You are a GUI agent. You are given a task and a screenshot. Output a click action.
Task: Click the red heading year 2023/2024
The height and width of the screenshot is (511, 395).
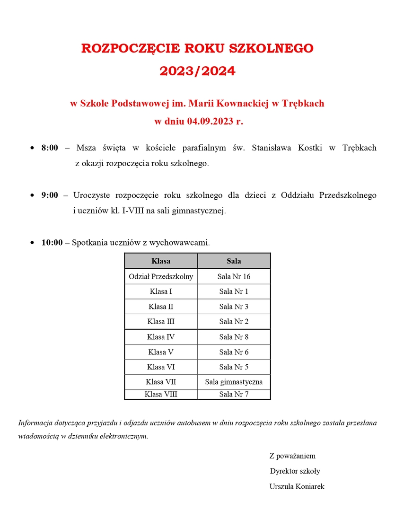pos(197,71)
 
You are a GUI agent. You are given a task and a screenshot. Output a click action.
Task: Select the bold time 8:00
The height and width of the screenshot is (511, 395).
pos(50,148)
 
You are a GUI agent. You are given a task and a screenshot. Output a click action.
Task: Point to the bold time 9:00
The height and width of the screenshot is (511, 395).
pos(50,195)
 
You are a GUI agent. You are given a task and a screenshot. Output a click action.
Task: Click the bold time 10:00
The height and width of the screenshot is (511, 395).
pos(52,243)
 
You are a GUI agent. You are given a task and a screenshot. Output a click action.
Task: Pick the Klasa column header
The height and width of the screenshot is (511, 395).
pos(161,261)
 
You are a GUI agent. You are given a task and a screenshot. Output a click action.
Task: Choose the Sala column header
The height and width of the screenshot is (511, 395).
pos(234,261)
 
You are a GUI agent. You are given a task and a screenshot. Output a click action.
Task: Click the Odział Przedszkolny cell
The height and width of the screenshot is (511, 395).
pos(161,276)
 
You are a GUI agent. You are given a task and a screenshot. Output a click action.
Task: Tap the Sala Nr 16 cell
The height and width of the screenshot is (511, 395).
pos(234,276)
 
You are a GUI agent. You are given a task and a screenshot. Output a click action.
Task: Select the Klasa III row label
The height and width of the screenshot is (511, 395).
pos(161,322)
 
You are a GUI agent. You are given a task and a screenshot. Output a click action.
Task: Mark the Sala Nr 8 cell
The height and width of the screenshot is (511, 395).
pos(234,337)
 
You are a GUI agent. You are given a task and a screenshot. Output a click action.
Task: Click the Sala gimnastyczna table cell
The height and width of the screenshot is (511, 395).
pos(234,382)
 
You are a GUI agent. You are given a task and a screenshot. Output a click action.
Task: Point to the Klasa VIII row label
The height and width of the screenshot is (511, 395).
pos(161,394)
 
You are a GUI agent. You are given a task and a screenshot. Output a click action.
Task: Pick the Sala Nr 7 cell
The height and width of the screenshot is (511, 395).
pos(234,394)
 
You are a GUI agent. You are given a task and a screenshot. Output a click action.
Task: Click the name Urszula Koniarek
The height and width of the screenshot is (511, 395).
pos(297,486)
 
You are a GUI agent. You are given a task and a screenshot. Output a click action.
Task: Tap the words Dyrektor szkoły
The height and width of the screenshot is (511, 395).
pos(295,471)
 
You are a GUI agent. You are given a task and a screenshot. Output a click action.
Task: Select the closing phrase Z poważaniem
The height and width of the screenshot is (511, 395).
pos(292,456)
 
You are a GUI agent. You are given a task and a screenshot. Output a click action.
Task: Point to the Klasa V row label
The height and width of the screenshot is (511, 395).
pos(161,352)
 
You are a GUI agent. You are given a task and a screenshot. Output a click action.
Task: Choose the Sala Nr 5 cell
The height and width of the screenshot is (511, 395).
pos(234,367)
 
